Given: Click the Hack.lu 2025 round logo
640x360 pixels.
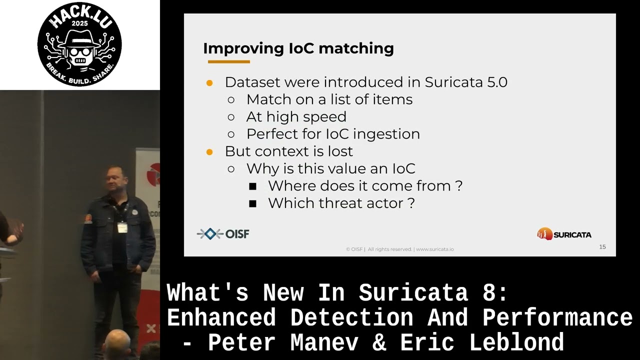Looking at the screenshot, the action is pyautogui.click(x=79, y=44).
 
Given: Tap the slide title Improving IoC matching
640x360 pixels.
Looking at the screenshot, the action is pyautogui.click(x=298, y=48).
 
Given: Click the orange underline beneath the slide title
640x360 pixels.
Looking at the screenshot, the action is pyautogui.click(x=229, y=61).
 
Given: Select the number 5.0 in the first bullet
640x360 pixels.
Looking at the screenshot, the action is pyautogui.click(x=497, y=82).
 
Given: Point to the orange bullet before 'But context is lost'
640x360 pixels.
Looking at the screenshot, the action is pyautogui.click(x=209, y=152).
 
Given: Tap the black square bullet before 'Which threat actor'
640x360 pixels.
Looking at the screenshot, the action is pyautogui.click(x=252, y=203).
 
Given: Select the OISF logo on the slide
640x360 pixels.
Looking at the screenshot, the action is pyautogui.click(x=223, y=234).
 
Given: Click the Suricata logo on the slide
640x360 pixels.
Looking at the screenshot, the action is pyautogui.click(x=564, y=234).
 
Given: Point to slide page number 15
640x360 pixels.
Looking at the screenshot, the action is pyautogui.click(x=602, y=247).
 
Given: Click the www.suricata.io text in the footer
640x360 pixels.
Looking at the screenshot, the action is pyautogui.click(x=434, y=249).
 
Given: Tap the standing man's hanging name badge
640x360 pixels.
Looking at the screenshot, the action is pyautogui.click(x=122, y=227).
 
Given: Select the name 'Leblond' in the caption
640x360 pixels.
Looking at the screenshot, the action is pyautogui.click(x=516, y=342).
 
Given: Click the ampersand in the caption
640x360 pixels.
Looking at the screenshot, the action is pyautogui.click(x=379, y=342).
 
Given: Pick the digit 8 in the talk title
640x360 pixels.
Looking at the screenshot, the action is pyautogui.click(x=489, y=292).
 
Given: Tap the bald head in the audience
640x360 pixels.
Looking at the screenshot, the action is pyautogui.click(x=116, y=343).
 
